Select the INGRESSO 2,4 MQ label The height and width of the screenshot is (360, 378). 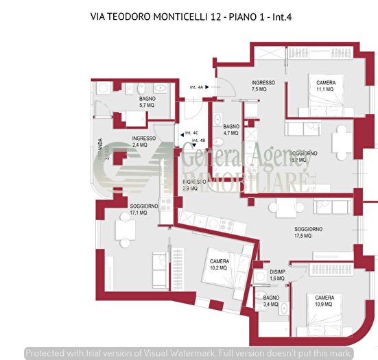(x=144, y=141)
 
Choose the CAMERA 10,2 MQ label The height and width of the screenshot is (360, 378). (x=220, y=265)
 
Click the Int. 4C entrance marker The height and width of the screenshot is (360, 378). (x=191, y=133)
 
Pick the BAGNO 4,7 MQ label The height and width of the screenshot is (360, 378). (x=231, y=130)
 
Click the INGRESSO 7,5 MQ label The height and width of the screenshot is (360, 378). (x=263, y=86)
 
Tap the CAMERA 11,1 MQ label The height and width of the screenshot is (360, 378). (x=325, y=86)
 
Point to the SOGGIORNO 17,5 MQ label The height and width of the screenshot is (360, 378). (x=308, y=232)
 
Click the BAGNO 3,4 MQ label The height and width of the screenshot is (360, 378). (x=272, y=300)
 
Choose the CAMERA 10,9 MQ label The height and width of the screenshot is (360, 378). (x=324, y=300)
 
